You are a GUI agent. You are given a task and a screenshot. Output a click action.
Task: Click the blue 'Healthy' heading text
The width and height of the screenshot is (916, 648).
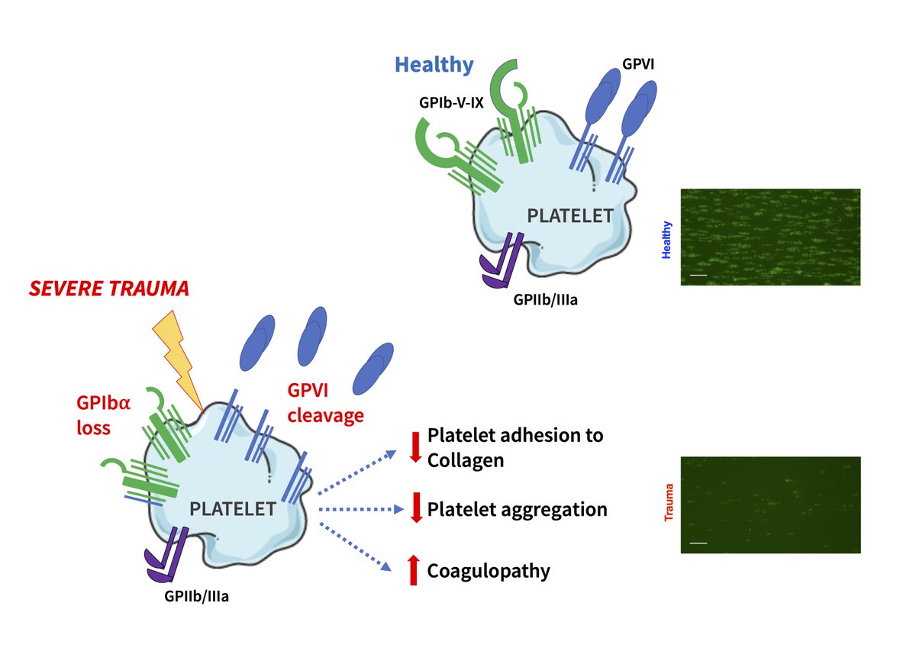click(434, 65)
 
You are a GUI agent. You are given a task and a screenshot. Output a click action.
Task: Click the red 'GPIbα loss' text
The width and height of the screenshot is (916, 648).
click(103, 415)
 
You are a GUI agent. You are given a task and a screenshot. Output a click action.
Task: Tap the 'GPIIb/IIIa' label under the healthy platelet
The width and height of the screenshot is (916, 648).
click(546, 300)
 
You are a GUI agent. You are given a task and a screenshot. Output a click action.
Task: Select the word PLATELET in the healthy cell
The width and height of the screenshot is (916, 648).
click(569, 216)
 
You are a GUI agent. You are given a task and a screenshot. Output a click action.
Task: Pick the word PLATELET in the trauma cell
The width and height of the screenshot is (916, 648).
click(232, 508)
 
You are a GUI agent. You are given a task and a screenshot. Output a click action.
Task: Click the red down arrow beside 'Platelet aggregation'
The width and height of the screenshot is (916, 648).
click(416, 508)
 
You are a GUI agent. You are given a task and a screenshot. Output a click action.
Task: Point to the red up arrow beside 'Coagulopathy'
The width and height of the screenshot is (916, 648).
click(413, 570)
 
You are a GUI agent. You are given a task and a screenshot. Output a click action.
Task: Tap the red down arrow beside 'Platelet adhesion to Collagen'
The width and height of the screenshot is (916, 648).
click(416, 447)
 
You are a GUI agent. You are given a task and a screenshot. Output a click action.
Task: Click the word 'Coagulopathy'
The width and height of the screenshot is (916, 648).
click(489, 571)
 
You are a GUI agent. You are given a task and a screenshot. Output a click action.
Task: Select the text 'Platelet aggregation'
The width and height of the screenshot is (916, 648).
click(517, 509)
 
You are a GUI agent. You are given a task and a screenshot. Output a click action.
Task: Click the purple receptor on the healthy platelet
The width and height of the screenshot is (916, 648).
click(502, 263)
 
